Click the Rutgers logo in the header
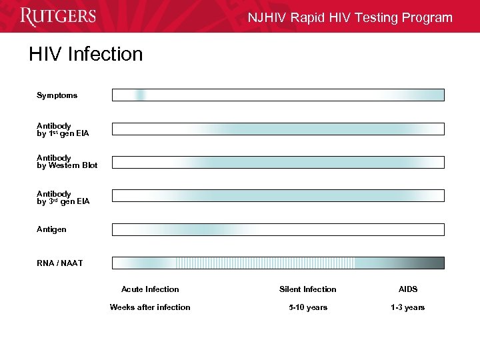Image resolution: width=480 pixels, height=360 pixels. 58,16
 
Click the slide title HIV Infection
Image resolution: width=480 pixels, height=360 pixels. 85,54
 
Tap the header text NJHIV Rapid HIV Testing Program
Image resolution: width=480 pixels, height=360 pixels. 350,18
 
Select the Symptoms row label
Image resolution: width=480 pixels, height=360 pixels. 57,95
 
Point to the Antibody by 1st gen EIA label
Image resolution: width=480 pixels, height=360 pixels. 63,129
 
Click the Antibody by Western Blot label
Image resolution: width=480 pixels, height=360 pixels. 67,161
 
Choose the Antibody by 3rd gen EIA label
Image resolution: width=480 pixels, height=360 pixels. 63,197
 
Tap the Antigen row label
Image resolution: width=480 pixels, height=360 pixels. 51,229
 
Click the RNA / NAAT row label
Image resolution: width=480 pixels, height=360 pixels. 60,263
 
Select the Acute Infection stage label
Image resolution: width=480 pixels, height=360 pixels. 150,289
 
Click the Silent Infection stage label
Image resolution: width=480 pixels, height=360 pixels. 307,289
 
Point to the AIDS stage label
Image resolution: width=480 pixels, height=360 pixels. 408,289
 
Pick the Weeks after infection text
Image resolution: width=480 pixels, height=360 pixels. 150,307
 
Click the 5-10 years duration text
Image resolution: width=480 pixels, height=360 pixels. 307,307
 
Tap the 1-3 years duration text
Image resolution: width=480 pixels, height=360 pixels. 407,307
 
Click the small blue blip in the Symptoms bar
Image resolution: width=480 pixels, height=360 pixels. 140,95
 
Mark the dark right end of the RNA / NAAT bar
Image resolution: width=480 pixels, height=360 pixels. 433,263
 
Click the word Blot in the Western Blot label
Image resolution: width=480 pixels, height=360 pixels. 89,165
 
